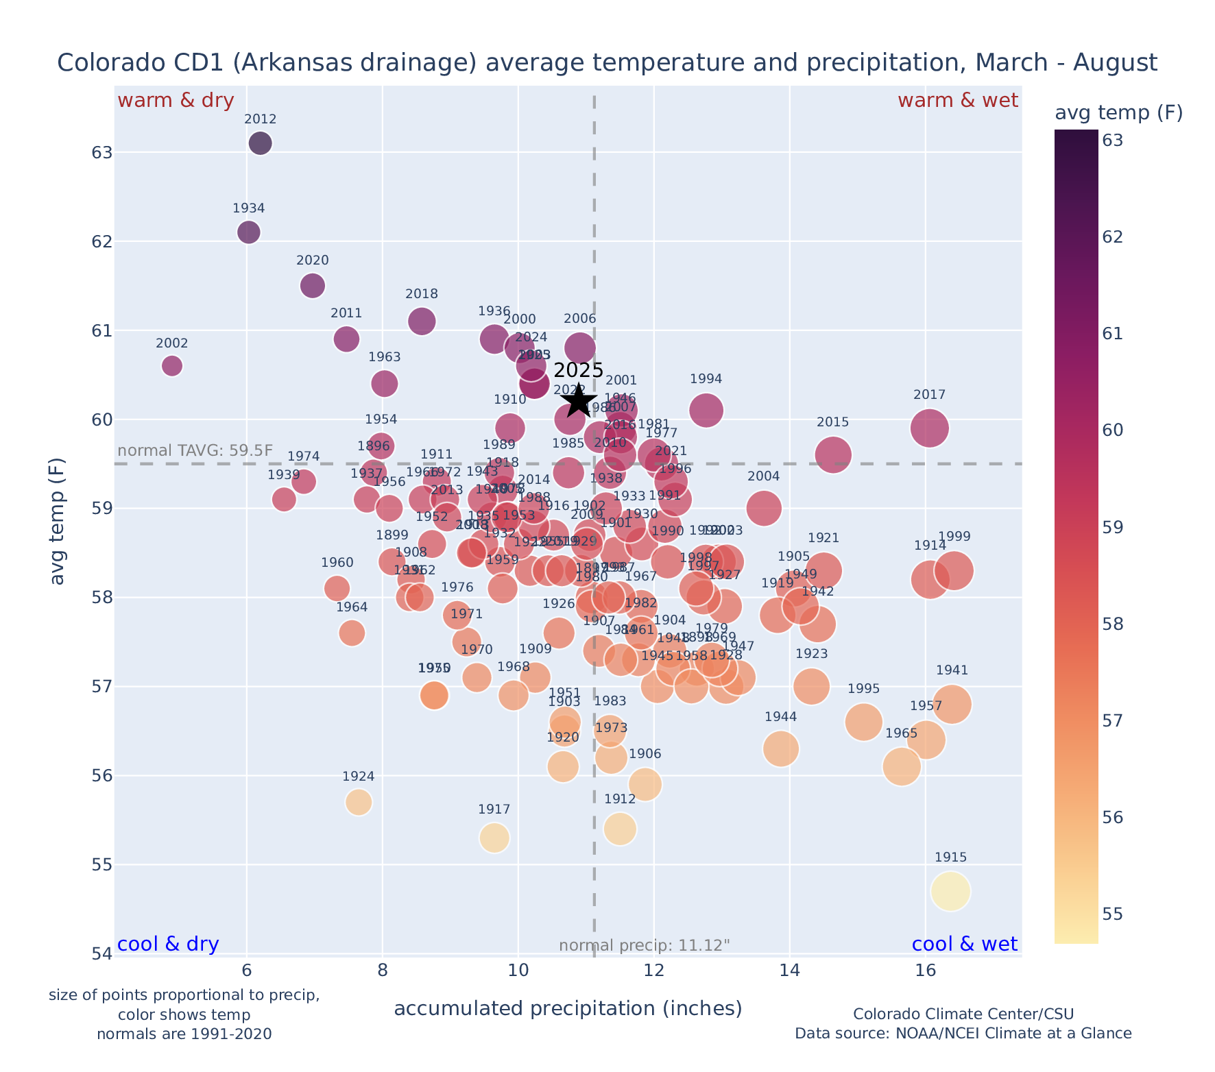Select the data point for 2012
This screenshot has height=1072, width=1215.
[260, 143]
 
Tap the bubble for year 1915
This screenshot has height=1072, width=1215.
[950, 891]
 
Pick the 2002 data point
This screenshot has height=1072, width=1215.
[172, 366]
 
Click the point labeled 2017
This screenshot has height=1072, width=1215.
[930, 428]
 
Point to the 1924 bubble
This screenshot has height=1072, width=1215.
[359, 802]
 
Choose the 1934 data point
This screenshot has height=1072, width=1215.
[249, 232]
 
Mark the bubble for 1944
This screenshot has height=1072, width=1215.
[780, 748]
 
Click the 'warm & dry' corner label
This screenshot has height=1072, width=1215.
[176, 101]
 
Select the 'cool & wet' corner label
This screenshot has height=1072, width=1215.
[964, 944]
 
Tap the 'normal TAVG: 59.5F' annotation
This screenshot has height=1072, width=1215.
[195, 451]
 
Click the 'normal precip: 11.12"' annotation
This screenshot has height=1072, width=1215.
[645, 946]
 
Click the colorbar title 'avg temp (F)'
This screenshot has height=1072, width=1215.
[1118, 113]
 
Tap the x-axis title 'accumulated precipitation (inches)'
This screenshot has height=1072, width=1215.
[568, 1008]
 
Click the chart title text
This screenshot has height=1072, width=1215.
[607, 63]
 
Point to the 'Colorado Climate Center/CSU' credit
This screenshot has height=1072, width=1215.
[963, 1014]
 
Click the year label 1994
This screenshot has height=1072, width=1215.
[706, 379]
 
